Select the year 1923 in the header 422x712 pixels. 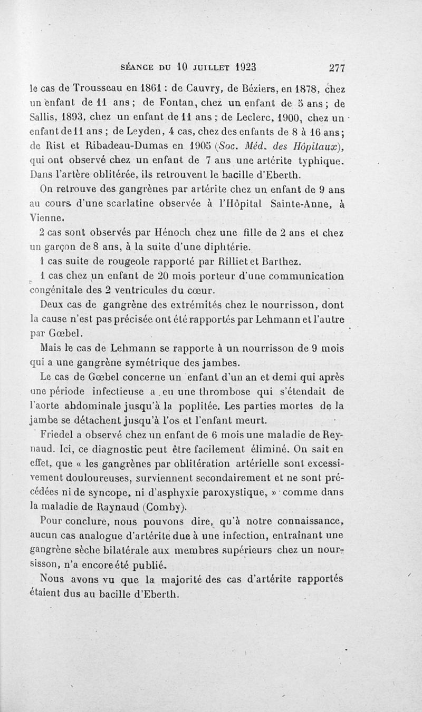pyautogui.click(x=245, y=67)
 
